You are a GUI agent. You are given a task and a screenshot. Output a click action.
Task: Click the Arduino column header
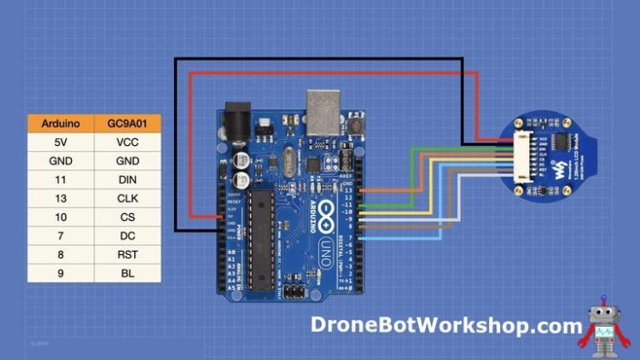point(61,124)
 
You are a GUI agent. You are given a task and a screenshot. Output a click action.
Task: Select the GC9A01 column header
point(127,124)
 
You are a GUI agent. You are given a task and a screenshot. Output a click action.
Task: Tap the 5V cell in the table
point(61,142)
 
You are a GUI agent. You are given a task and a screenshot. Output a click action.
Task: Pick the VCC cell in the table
point(127,142)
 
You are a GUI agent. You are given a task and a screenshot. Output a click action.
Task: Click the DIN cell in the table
point(127,180)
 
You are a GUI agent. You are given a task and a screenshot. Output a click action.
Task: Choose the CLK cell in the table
point(127,199)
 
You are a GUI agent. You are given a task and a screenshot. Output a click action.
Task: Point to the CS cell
point(127,218)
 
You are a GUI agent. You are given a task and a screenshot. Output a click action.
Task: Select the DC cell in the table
point(127,236)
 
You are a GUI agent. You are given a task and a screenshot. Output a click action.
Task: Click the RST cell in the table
point(127,255)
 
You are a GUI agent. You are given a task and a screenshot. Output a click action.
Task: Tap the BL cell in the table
point(127,274)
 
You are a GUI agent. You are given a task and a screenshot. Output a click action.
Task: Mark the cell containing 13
point(61,199)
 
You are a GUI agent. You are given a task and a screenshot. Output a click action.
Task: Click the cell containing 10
point(61,218)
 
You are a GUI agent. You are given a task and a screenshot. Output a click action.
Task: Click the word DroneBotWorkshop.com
point(446,324)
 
